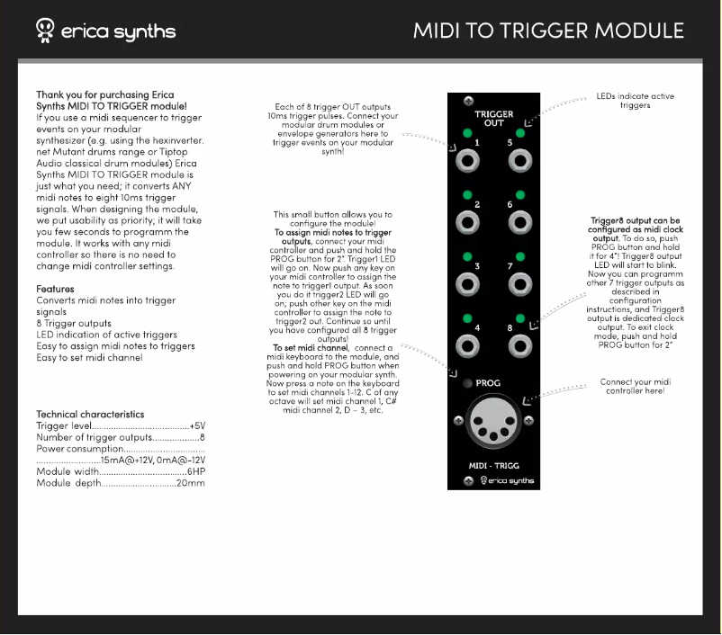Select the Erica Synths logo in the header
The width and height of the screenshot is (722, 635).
(105, 31)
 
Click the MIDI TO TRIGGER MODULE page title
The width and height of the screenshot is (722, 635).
(548, 31)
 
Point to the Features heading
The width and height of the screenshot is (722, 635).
(55, 289)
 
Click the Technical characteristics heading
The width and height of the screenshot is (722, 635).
(90, 414)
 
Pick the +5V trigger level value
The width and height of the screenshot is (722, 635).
(197, 425)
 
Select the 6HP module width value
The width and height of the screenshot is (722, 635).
(197, 471)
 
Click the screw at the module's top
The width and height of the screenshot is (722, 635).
(467, 102)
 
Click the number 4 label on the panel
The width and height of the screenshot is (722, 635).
(477, 327)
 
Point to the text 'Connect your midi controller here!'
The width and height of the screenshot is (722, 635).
(635, 387)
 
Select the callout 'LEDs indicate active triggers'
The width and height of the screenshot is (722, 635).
(635, 101)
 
